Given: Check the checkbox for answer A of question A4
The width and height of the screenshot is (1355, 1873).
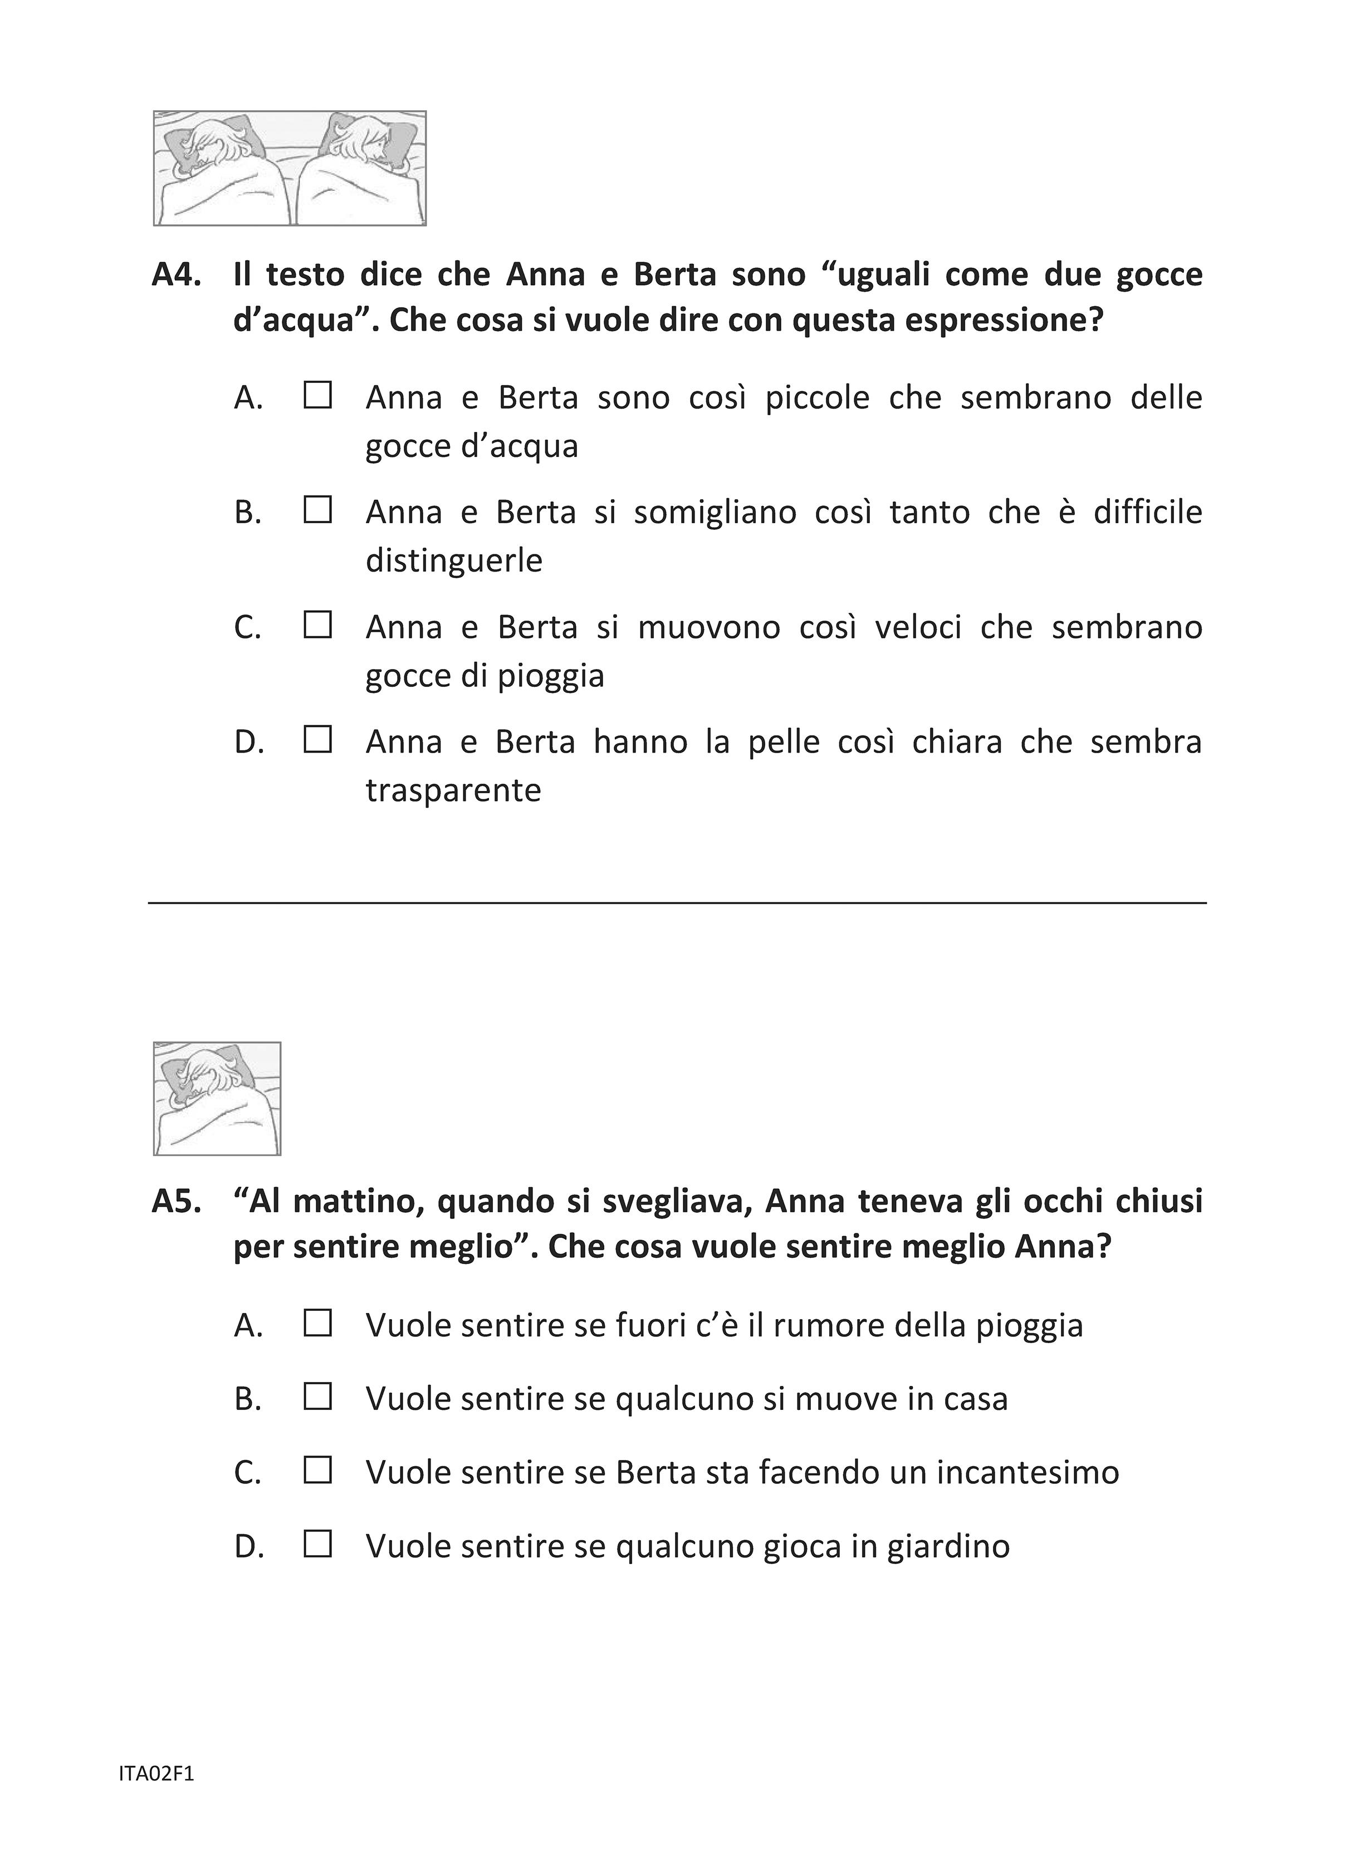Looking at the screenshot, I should [317, 396].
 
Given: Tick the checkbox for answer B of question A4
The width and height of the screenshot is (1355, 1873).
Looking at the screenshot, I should [317, 510].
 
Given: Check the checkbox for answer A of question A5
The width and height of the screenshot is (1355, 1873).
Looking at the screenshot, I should [317, 1324].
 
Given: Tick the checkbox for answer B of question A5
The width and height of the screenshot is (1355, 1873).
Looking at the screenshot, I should [317, 1397].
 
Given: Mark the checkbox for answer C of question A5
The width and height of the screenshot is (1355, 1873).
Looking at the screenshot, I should [317, 1471].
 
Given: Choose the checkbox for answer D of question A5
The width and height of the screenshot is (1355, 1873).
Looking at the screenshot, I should [317, 1544].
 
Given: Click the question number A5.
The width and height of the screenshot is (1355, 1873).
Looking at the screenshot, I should [177, 1202].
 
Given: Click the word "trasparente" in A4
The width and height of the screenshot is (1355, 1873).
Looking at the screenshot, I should [453, 790].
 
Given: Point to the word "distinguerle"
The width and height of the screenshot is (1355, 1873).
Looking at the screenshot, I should [453, 561].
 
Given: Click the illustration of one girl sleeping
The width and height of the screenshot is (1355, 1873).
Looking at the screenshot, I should [217, 1098].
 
